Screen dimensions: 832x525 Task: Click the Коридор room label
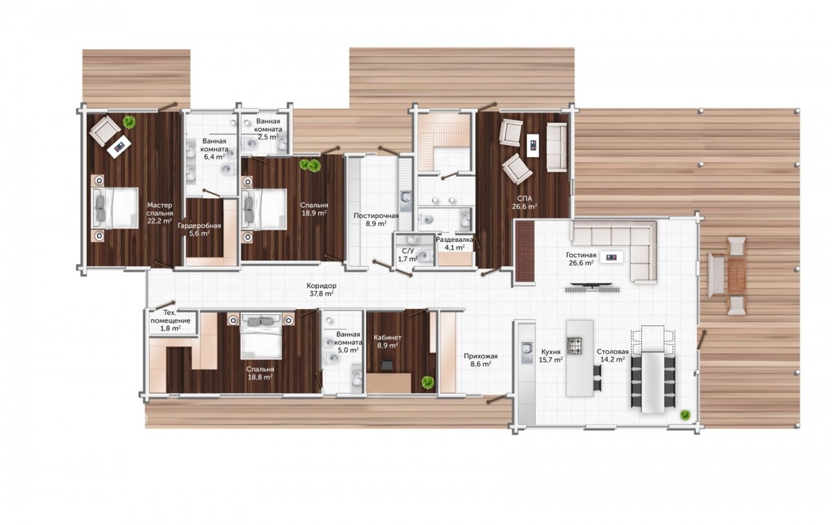click(x=321, y=286)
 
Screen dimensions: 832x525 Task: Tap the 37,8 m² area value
click(x=321, y=293)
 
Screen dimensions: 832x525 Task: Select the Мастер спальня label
click(x=159, y=209)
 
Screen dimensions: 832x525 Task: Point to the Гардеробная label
click(x=199, y=226)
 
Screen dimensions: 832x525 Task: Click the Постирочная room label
click(x=376, y=216)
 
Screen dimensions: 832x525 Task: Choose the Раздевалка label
click(x=455, y=240)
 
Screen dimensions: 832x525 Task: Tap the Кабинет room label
click(x=388, y=338)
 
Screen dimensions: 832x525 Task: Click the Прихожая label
click(x=480, y=356)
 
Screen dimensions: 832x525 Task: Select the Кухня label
click(x=551, y=352)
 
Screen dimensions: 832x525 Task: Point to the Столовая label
click(x=612, y=352)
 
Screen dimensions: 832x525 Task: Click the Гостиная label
click(x=581, y=255)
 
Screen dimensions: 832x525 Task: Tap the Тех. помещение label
click(x=171, y=316)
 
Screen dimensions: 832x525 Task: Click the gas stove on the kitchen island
click(x=574, y=345)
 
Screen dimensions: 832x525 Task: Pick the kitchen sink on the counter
click(x=526, y=352)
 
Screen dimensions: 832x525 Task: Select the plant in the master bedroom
click(x=129, y=122)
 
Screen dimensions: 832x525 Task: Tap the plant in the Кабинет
click(x=428, y=382)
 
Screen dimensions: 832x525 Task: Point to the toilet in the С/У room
click(x=424, y=256)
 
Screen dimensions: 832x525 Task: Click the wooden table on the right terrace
click(x=736, y=275)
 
